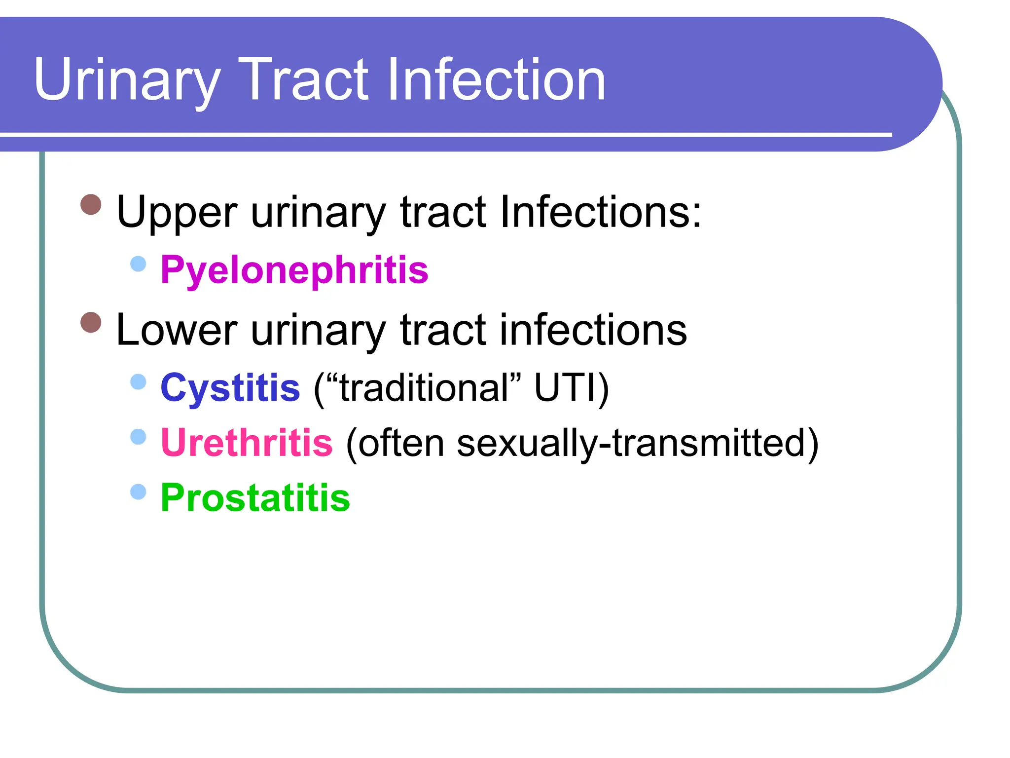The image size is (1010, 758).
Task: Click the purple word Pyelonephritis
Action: pos(294,270)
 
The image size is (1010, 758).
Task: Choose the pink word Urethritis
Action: pos(247,443)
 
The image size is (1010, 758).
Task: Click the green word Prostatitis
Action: pos(255,497)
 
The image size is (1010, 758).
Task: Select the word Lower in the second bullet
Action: pos(177,330)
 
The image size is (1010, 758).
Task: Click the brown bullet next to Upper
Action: pos(91,204)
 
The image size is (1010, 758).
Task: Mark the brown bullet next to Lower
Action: pos(91,323)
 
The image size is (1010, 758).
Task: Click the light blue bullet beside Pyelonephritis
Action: pos(139,264)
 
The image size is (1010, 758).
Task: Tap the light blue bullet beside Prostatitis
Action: pos(139,492)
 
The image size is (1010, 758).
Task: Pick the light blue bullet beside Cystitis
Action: pos(139,381)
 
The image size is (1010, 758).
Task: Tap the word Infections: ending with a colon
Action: pos(600,212)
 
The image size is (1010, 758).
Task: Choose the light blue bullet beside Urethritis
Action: pos(139,437)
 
